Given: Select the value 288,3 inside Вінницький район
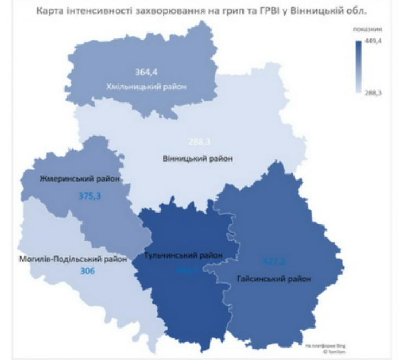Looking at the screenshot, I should pyautogui.click(x=199, y=142).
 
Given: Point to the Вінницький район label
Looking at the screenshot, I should pyautogui.click(x=197, y=159).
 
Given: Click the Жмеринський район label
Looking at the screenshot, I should pyautogui.click(x=79, y=178).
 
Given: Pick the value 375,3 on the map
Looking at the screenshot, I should pyautogui.click(x=89, y=196).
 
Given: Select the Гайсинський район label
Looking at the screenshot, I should pyautogui.click(x=274, y=279).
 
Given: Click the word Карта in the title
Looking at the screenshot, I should pyautogui.click(x=50, y=10).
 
